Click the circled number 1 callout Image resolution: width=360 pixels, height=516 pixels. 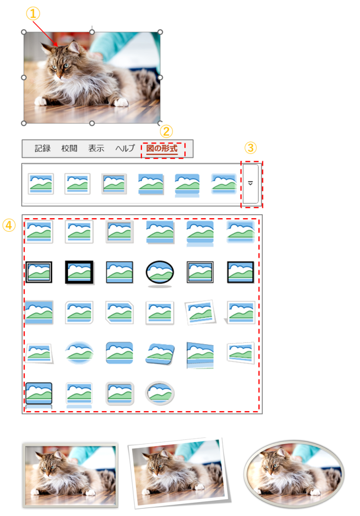click(x=33, y=14)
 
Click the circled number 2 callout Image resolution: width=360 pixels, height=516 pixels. click(x=166, y=132)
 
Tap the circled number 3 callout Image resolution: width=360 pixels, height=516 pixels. click(x=251, y=148)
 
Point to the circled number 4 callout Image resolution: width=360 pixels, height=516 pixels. click(x=9, y=225)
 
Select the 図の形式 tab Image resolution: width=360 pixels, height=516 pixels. click(x=162, y=149)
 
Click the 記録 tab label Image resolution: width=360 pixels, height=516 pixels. click(x=43, y=149)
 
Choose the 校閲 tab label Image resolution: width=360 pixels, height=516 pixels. click(x=69, y=149)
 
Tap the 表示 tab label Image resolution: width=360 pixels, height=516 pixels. click(x=96, y=149)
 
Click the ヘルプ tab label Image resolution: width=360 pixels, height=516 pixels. click(x=125, y=149)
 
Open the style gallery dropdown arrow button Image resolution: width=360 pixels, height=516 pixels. click(x=251, y=183)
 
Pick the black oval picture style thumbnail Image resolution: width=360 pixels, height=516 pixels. click(x=160, y=273)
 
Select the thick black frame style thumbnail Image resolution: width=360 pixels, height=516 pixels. click(x=79, y=272)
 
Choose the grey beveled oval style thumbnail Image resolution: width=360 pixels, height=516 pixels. click(x=160, y=393)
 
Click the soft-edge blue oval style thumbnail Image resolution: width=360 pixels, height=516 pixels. click(x=79, y=352)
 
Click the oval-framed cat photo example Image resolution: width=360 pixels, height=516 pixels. click(x=294, y=473)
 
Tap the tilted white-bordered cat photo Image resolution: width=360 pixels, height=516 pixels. click(x=179, y=472)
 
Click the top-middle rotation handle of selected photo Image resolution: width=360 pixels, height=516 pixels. click(x=92, y=32)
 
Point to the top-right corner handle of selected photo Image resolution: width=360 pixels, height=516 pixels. click(x=160, y=32)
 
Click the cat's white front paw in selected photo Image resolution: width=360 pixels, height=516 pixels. click(x=121, y=102)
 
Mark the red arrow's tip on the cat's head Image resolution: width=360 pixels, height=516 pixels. click(x=57, y=45)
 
